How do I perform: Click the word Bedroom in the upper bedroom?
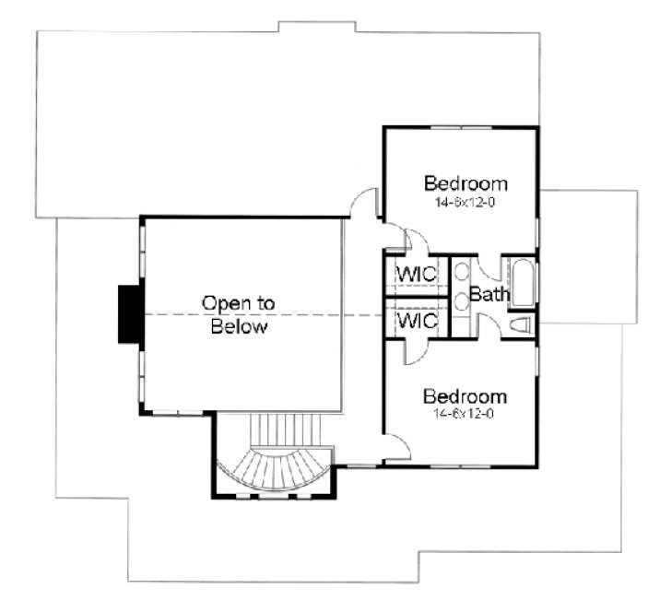[466, 181]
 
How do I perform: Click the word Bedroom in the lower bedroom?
[465, 396]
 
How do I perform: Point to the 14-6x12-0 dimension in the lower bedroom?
[465, 414]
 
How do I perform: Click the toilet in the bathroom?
[519, 324]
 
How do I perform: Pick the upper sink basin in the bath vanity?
[460, 273]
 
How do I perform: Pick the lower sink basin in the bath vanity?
[460, 302]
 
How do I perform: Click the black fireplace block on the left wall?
[128, 313]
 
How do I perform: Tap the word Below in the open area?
[239, 326]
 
